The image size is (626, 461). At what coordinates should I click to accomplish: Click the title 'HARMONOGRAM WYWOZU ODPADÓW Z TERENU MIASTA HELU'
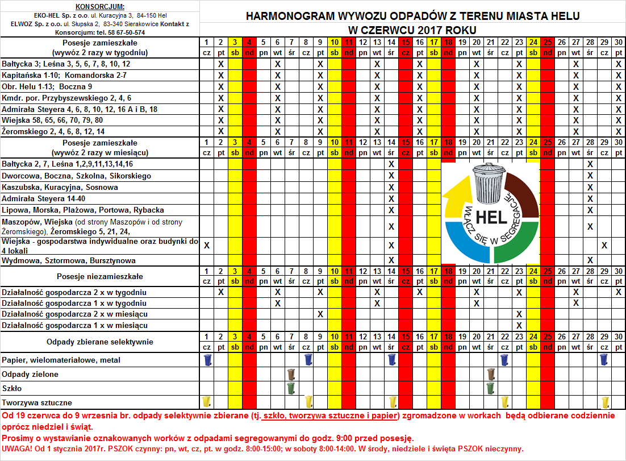pyautogui.click(x=413, y=16)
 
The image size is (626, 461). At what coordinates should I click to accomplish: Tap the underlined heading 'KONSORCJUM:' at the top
pyautogui.click(x=99, y=6)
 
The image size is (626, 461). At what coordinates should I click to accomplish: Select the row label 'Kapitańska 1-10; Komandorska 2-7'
pyautogui.click(x=64, y=76)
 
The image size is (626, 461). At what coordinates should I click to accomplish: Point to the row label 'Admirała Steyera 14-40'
pyautogui.click(x=43, y=198)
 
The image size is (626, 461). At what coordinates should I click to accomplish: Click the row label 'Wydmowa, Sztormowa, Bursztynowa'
pyautogui.click(x=69, y=260)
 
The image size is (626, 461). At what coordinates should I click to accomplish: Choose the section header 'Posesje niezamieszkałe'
pyautogui.click(x=100, y=276)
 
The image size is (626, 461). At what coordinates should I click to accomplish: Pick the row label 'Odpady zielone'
pyautogui.click(x=30, y=375)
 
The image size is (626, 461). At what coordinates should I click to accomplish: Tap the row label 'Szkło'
pyautogui.click(x=12, y=388)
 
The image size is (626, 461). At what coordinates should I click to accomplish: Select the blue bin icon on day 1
pyautogui.click(x=207, y=360)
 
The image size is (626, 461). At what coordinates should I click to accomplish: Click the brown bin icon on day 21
pyautogui.click(x=491, y=374)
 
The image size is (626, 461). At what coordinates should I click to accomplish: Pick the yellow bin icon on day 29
pyautogui.click(x=605, y=402)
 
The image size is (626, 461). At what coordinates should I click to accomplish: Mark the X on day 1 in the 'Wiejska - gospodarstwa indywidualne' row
pyautogui.click(x=207, y=246)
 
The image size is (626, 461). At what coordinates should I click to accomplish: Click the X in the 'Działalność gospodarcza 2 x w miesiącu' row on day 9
pyautogui.click(x=320, y=314)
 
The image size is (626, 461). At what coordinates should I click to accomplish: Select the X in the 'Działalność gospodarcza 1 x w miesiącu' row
pyautogui.click(x=519, y=325)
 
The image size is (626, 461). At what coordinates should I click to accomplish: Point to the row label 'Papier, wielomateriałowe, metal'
pyautogui.click(x=61, y=360)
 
